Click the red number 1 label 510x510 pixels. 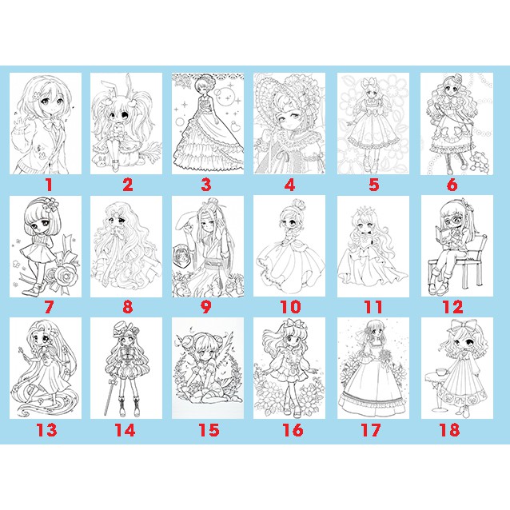point(47,185)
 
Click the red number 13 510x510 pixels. point(47,429)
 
